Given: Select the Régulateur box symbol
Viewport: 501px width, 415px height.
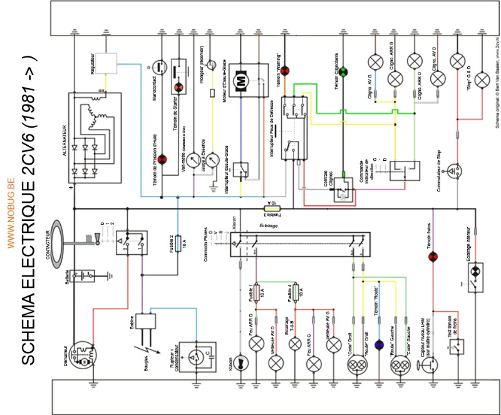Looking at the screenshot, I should tap(110, 63).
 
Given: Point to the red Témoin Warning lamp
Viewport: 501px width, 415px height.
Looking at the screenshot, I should tap(285, 70).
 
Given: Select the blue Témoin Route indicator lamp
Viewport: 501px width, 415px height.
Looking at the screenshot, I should tap(378, 345).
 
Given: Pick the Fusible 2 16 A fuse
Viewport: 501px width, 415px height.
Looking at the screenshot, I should tap(178, 242).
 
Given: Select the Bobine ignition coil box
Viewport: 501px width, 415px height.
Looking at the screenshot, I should tap(147, 322).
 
